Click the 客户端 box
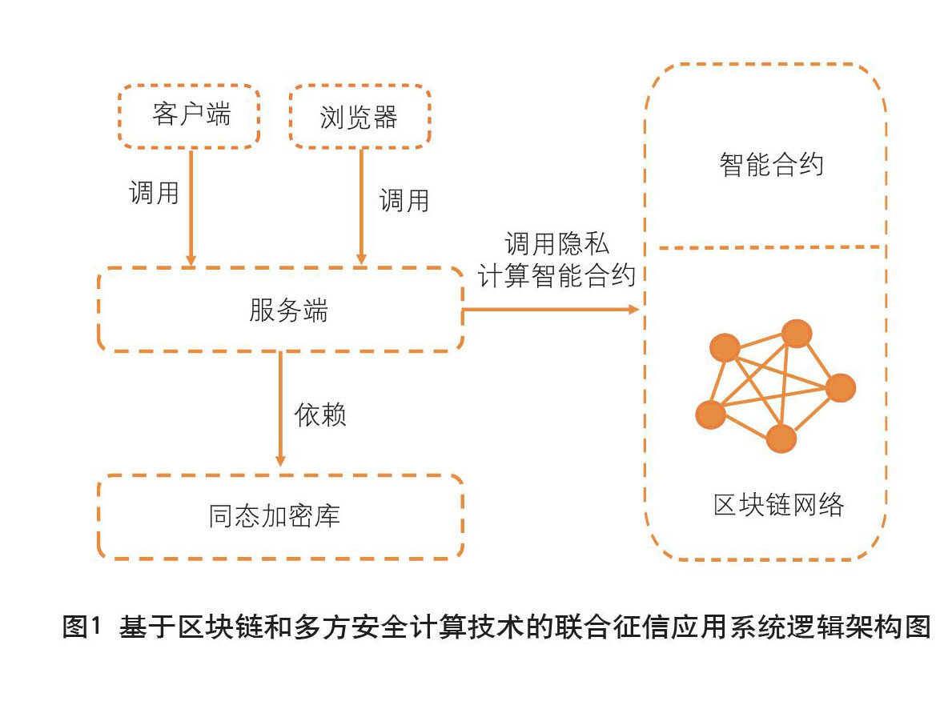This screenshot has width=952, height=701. click(x=189, y=116)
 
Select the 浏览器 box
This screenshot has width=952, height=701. click(x=360, y=116)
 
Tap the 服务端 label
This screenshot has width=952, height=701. click(x=288, y=310)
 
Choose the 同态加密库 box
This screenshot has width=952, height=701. click(x=280, y=516)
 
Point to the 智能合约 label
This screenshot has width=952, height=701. click(x=771, y=165)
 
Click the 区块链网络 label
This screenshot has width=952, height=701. click(x=778, y=504)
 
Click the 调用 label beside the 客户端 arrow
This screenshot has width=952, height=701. click(x=155, y=193)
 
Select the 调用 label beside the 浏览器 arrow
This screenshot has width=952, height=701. click(x=404, y=200)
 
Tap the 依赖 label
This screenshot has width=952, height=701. click(x=320, y=415)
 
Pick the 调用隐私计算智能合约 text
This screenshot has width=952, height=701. click(x=556, y=260)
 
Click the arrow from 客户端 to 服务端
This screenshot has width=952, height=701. click(x=191, y=207)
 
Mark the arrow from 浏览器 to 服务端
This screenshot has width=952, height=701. click(x=361, y=207)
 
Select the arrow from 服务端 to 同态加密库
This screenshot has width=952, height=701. click(x=280, y=409)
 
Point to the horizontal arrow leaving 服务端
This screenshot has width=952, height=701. click(x=551, y=310)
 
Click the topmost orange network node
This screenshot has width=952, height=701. click(x=797, y=334)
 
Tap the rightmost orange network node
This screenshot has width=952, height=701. click(x=841, y=388)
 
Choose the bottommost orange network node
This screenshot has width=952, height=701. click(x=781, y=439)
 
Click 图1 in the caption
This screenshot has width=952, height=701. click(x=82, y=627)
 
